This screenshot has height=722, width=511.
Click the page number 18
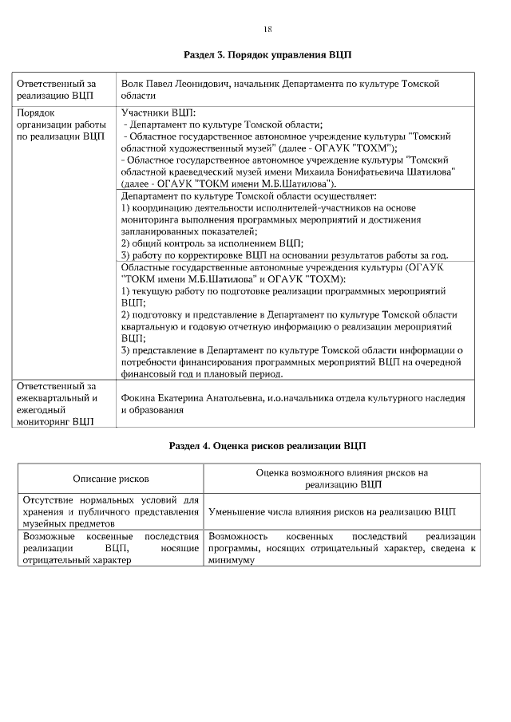267,30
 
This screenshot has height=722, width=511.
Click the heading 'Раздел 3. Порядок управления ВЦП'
267,56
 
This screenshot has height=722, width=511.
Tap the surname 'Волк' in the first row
133,83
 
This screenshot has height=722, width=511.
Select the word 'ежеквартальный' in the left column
56,397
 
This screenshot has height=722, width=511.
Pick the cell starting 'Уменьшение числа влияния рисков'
331,511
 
